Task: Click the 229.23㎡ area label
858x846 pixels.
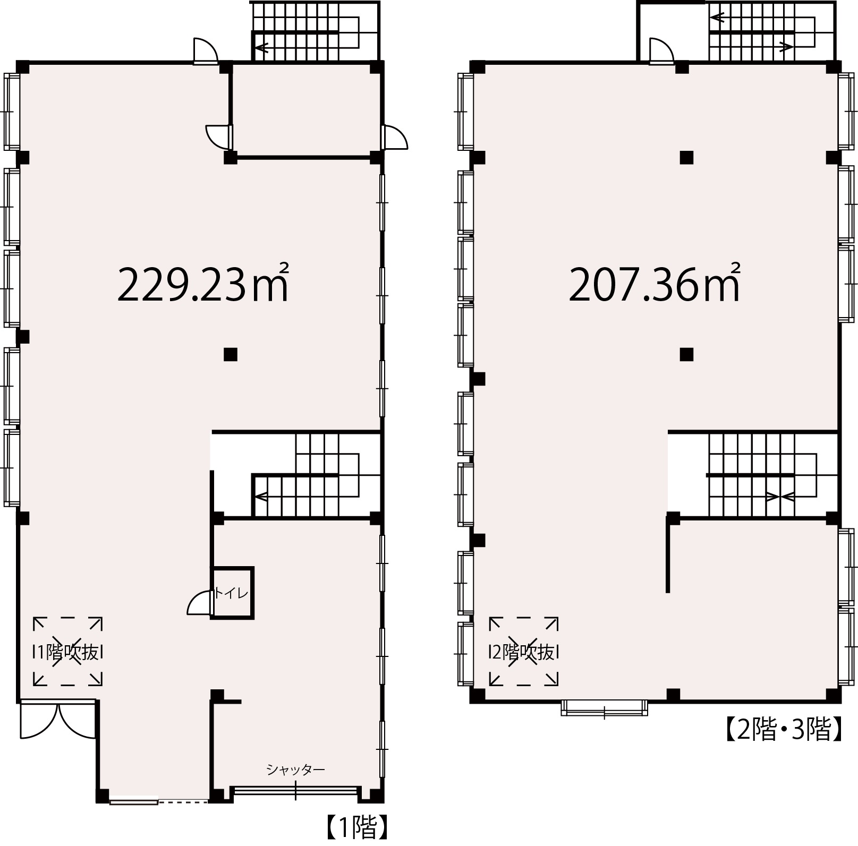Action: pos(203,283)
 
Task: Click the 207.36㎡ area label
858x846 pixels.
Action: pos(655,283)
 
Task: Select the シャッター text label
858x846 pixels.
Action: pos(295,769)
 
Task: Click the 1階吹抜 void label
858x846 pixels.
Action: pos(68,652)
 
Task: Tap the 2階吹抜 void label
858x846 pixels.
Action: pos(523,652)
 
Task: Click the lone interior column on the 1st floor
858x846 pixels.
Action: pos(230,354)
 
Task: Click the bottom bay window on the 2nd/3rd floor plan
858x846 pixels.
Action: pos(605,708)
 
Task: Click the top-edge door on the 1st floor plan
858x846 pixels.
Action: pos(206,51)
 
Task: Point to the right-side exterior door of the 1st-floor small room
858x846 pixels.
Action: pos(395,138)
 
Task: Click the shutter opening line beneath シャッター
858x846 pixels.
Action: pos(295,791)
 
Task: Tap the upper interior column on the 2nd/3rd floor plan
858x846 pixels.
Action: pos(687,158)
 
